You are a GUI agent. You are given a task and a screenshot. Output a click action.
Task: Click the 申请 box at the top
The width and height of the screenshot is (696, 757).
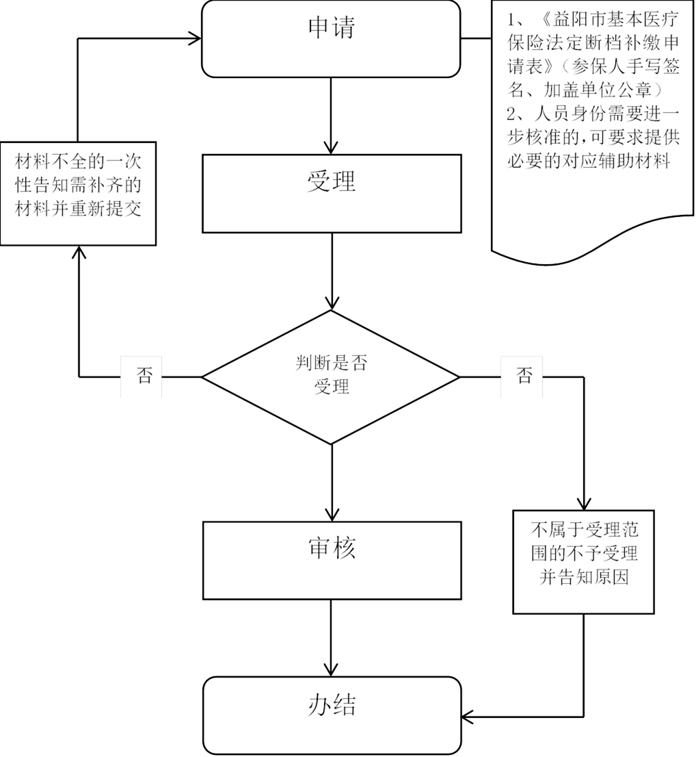(x=331, y=38)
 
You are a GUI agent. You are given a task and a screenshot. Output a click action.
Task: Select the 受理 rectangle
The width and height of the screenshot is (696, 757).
(x=332, y=193)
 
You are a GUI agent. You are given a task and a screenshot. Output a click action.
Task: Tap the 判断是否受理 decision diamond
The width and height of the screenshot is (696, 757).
(x=331, y=376)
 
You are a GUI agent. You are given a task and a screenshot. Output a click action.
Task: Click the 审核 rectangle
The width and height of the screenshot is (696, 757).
(x=332, y=560)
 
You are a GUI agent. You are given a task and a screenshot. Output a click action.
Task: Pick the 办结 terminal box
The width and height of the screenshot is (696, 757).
(x=332, y=715)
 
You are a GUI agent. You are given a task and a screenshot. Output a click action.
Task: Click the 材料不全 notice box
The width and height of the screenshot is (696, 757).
(x=78, y=193)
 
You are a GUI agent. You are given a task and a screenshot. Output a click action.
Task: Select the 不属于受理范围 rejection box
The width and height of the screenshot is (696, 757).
(x=584, y=562)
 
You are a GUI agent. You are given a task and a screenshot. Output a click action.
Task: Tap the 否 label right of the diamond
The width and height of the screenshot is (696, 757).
(x=524, y=375)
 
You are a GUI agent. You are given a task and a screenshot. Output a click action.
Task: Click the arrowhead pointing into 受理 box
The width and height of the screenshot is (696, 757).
(x=331, y=147)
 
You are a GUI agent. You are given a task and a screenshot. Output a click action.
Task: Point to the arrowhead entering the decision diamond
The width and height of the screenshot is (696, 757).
(x=332, y=303)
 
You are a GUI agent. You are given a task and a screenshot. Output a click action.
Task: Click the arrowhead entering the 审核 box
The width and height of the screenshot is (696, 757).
(x=332, y=514)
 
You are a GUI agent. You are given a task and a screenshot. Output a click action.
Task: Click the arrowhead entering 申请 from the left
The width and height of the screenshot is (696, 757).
(x=194, y=38)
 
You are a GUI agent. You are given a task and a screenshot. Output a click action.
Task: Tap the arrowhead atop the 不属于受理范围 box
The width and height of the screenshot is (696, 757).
(x=584, y=503)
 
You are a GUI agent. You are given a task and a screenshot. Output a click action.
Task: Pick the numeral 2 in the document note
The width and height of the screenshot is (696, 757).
(x=512, y=114)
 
